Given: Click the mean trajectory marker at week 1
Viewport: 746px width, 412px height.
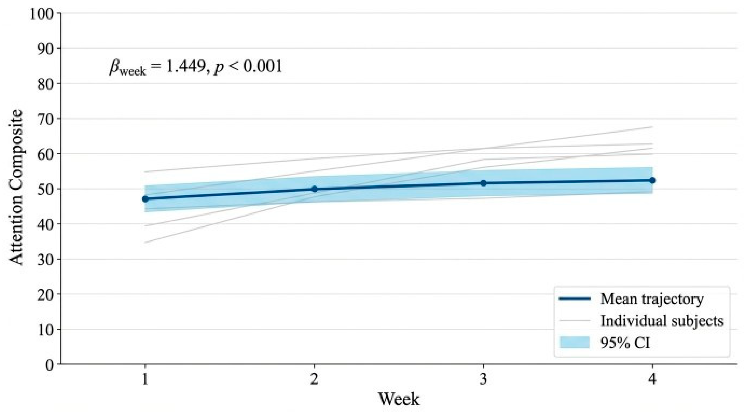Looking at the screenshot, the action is coord(145,199).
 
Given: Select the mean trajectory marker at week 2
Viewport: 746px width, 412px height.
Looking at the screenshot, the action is coord(314,189).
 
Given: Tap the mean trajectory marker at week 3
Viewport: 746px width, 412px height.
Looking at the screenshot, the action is coord(483,183).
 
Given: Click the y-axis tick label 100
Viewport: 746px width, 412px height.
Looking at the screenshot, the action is coord(41,14).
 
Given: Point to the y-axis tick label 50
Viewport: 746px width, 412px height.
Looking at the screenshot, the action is coord(46,189).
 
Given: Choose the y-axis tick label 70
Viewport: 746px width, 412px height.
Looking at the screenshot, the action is coord(46,119).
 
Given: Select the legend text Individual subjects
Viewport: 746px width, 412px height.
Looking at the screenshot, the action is coord(662,321).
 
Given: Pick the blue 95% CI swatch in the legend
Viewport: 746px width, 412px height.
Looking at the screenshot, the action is coord(575,342).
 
